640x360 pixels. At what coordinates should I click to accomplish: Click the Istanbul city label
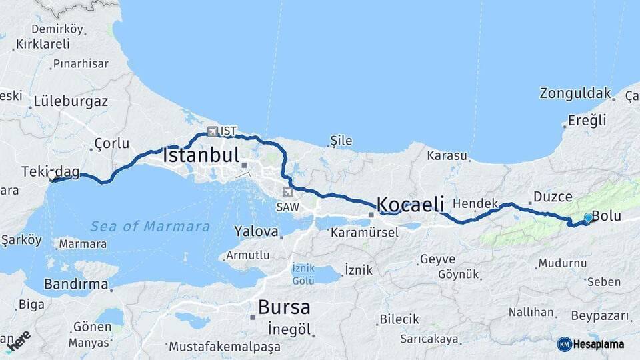click(201, 156)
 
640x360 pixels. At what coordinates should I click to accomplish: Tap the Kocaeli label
click(410, 204)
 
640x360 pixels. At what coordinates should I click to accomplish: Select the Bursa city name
click(283, 307)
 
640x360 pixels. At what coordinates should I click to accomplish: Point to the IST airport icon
click(213, 131)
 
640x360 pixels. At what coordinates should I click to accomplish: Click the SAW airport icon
click(288, 193)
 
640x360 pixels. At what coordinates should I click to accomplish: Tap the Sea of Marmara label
click(150, 226)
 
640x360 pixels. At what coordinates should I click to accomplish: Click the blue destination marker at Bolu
click(587, 218)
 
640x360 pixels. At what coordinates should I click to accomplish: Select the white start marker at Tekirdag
click(52, 177)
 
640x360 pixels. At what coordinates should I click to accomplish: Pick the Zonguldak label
click(575, 93)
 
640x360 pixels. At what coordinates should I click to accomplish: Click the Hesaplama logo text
click(597, 344)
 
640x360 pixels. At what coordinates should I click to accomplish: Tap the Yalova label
click(256, 231)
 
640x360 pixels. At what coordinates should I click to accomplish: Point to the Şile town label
click(341, 141)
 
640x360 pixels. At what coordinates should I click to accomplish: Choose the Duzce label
click(552, 197)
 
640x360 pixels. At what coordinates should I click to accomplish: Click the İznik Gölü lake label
click(303, 274)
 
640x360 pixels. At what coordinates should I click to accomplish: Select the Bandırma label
click(75, 285)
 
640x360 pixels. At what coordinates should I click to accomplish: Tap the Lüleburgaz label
click(71, 102)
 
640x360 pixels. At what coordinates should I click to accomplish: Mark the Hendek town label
click(475, 203)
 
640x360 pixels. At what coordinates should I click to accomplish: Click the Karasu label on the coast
click(447, 155)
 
